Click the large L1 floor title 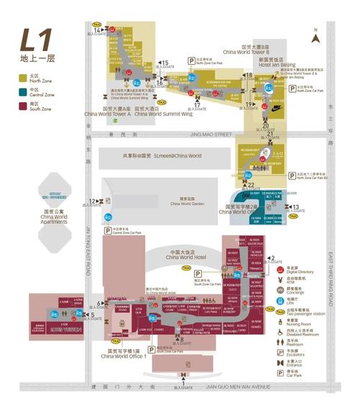coord(33,39)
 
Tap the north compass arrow coord(315,31)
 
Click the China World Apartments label coord(54,217)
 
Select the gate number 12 coord(92,202)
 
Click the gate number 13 coord(296,207)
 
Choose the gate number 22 coord(251,185)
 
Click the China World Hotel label coord(185,256)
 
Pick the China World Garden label coord(187,203)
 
